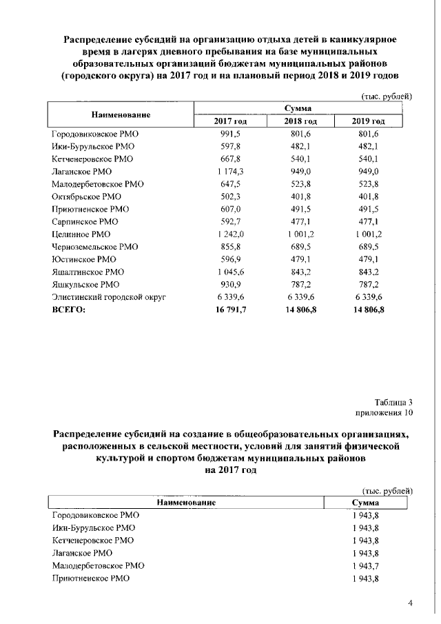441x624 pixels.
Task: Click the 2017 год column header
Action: [230, 121]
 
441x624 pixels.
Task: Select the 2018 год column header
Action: [300, 121]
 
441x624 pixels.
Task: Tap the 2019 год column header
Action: [368, 121]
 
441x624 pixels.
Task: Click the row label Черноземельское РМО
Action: [95, 246]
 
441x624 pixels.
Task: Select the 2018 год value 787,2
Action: [300, 284]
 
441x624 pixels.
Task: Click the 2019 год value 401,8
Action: [368, 197]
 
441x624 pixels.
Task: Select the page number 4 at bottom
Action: [410, 603]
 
